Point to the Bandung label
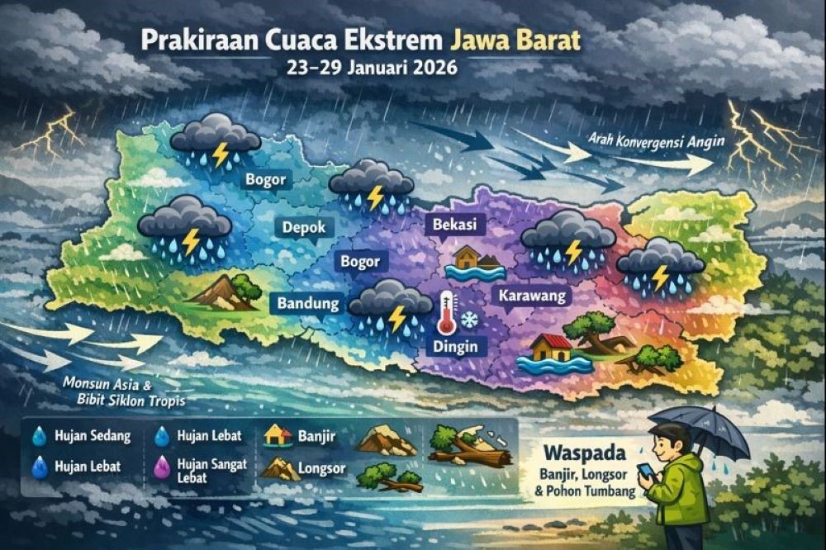306,304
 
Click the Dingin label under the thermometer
455,347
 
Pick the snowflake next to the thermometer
470,318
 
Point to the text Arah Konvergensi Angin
657,141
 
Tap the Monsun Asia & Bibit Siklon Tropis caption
121,392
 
